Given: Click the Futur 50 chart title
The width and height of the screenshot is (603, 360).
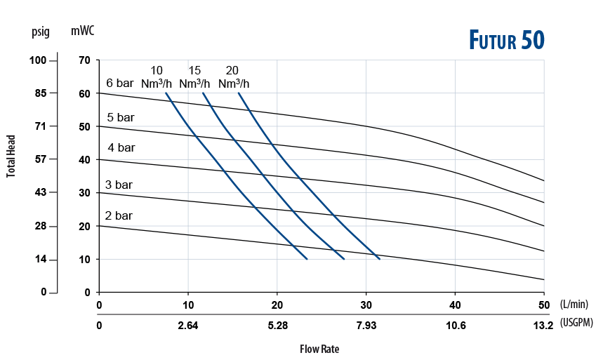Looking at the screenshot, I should pyautogui.click(x=507, y=41).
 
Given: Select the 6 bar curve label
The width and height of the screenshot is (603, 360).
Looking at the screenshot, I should pyautogui.click(x=119, y=84).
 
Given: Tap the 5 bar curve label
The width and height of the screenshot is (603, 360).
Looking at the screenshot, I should pyautogui.click(x=120, y=117).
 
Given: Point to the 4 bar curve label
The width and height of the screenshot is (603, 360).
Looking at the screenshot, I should pyautogui.click(x=121, y=147).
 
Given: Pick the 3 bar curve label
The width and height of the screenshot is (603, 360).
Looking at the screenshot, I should pyautogui.click(x=119, y=185).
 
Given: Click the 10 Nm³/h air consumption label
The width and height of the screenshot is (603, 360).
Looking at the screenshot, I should pyautogui.click(x=157, y=77).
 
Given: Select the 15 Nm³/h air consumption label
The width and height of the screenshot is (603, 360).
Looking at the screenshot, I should pyautogui.click(x=194, y=77).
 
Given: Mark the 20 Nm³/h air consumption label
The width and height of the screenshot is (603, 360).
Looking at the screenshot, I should pyautogui.click(x=233, y=77).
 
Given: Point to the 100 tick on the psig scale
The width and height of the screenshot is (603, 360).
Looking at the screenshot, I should pyautogui.click(x=38, y=60).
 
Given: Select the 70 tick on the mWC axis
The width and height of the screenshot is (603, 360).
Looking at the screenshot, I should pyautogui.click(x=85, y=60).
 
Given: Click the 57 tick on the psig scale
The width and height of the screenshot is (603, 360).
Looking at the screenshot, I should pyautogui.click(x=41, y=159).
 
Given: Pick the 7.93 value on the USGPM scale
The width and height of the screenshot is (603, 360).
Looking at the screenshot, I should pyautogui.click(x=365, y=326).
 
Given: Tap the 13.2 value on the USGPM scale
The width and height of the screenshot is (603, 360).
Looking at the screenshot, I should pyautogui.click(x=543, y=326).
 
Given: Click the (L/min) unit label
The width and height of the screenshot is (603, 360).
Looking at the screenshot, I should pyautogui.click(x=574, y=305).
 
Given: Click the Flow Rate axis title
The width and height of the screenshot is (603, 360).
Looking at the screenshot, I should pyautogui.click(x=320, y=349).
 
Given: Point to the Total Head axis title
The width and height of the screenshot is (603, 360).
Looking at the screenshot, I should pyautogui.click(x=12, y=155).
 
